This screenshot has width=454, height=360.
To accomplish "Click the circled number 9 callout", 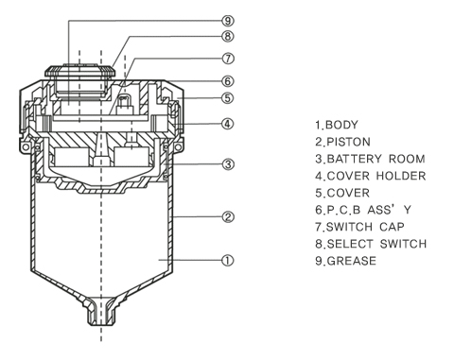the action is point(228,21).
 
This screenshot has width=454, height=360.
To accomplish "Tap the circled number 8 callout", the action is point(228,36).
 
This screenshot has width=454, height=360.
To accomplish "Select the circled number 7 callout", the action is point(228,59).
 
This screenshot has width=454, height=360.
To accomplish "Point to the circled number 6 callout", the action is point(228,81).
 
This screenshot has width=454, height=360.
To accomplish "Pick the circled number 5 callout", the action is point(228,98).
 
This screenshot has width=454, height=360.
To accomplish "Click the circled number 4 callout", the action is point(228,124).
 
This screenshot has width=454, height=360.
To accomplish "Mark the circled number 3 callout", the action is point(228,164).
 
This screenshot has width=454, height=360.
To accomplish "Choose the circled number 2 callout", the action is point(228,217).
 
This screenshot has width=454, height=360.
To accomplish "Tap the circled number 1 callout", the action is point(228,261).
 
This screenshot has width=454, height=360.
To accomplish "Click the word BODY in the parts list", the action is point(341,125).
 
